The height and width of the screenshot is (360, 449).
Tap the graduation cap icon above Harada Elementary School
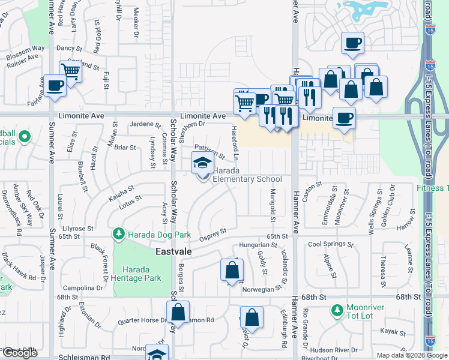[x=202, y=163]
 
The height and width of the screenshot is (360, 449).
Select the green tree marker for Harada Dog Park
[x=119, y=233]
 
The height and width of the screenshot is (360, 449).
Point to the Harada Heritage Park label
[x=137, y=274]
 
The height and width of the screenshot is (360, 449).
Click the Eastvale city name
[x=173, y=252]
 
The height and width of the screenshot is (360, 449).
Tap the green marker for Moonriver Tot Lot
[x=337, y=311]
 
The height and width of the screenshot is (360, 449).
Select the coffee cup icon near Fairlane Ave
[x=55, y=85]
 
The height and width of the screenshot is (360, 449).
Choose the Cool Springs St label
[x=331, y=244]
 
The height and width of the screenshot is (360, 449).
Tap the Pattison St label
[x=209, y=152]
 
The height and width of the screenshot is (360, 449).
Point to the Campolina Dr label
[x=80, y=288]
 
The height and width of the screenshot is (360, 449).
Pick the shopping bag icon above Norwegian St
[x=232, y=271]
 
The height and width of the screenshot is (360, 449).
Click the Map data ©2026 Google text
[x=411, y=355]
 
